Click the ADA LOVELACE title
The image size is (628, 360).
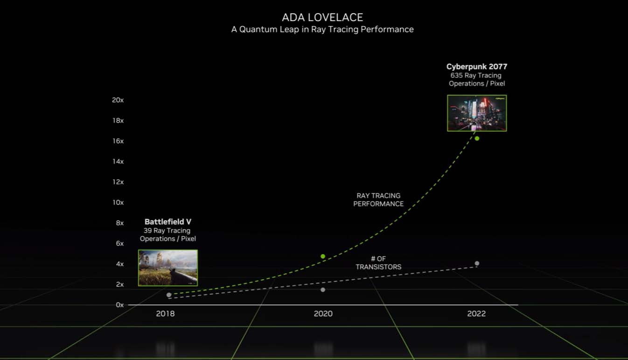tap(322, 17)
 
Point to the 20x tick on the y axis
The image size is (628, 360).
tap(118, 100)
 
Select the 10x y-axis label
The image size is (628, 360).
tap(118, 202)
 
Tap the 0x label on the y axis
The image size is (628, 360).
tap(120, 305)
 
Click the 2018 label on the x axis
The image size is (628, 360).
tap(166, 313)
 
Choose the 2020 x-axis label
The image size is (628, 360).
tap(323, 313)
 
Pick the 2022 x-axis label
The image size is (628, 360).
tap(476, 313)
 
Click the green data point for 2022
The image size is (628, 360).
tap(477, 138)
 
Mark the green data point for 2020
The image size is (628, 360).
tap(323, 256)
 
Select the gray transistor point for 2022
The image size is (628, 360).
tap(477, 263)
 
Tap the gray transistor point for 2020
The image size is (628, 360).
tap(323, 290)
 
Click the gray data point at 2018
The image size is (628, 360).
tap(169, 295)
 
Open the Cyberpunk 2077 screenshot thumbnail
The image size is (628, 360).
tap(477, 113)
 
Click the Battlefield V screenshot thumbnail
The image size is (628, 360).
tap(168, 268)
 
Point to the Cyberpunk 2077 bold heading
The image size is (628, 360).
tap(477, 67)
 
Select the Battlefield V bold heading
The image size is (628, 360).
tap(168, 222)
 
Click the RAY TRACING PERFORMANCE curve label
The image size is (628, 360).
tap(378, 200)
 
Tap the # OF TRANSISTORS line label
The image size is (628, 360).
tap(378, 263)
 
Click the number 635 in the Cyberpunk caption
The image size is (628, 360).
tap(456, 76)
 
